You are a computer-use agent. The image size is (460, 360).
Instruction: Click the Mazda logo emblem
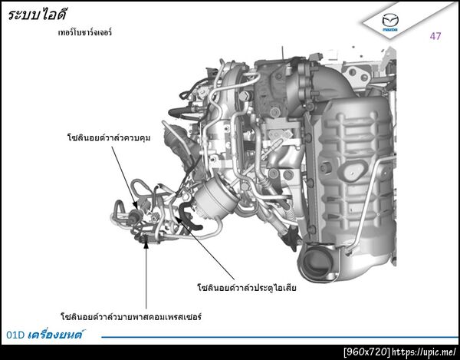[390, 21]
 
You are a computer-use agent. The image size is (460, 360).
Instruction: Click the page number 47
[435, 36]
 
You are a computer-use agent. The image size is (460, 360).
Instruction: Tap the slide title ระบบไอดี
[38, 14]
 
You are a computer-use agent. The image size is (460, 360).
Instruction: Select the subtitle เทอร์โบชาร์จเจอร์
[85, 31]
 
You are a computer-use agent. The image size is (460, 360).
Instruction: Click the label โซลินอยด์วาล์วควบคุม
[109, 137]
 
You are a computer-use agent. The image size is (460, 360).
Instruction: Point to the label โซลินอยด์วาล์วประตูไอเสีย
[247, 287]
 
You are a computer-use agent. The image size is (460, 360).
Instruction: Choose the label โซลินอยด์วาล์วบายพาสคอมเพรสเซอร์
[131, 317]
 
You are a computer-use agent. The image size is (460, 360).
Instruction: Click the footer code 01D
[15, 335]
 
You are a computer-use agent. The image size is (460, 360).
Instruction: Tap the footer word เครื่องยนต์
[55, 334]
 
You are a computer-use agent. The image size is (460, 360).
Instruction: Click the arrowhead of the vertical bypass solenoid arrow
[146, 243]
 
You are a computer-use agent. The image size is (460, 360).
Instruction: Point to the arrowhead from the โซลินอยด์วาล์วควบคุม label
[135, 205]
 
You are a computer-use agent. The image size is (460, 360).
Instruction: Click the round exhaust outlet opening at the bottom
[314, 261]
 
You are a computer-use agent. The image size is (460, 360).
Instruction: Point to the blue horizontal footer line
[280, 337]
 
